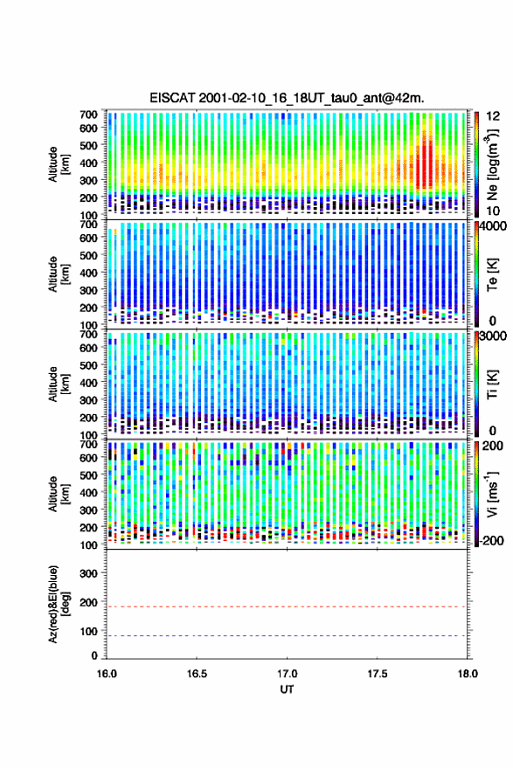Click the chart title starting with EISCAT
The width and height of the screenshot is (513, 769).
(x=287, y=98)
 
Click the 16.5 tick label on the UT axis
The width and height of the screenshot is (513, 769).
(x=197, y=674)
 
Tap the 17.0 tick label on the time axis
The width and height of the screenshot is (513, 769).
(x=287, y=674)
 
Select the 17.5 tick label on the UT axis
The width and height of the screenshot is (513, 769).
(x=378, y=674)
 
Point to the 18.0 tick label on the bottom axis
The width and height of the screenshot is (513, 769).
(x=468, y=674)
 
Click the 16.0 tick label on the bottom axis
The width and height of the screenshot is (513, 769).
(x=107, y=674)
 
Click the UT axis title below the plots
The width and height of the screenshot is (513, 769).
(x=287, y=689)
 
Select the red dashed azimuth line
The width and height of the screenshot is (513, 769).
(x=286, y=606)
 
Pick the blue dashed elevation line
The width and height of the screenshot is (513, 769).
(x=286, y=635)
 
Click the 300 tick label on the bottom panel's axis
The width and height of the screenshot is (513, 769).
(x=89, y=573)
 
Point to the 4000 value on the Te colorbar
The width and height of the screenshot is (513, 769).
(x=495, y=226)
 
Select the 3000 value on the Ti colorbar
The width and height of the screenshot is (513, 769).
(x=495, y=336)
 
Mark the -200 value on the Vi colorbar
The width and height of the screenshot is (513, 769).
(x=490, y=540)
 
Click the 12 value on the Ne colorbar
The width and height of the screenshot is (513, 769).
(x=494, y=116)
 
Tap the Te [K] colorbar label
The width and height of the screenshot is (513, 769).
(x=492, y=274)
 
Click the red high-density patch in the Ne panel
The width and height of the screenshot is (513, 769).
(x=424, y=164)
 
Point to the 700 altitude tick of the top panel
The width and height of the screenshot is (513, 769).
(x=89, y=114)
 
